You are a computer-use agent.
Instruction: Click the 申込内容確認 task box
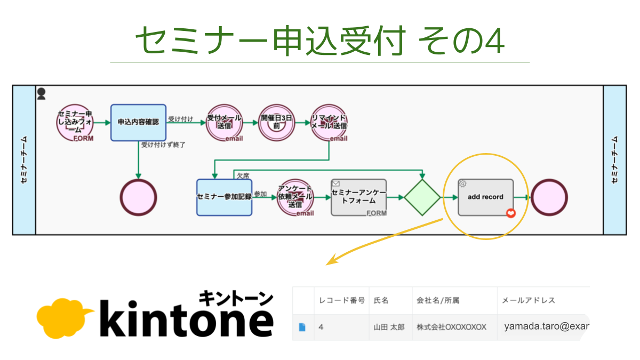[x=138, y=122]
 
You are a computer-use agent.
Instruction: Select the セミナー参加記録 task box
[x=224, y=197]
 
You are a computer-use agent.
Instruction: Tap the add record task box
[x=485, y=197]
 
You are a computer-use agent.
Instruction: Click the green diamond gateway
[x=422, y=197]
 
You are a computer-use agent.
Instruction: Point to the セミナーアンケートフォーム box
[x=358, y=197]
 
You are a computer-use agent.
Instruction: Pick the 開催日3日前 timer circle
[x=276, y=122]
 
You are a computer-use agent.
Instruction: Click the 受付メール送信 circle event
[x=224, y=122]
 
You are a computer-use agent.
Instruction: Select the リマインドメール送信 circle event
[x=329, y=122]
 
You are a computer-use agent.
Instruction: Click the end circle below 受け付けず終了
[x=139, y=197]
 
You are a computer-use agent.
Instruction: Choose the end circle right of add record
[x=549, y=197]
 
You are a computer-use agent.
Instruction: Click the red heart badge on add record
[x=511, y=213]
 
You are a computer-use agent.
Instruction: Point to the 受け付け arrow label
[x=181, y=118]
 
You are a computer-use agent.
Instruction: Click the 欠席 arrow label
[x=243, y=174]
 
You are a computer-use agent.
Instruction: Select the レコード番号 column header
[x=341, y=300]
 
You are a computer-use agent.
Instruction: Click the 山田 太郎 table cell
[x=389, y=327]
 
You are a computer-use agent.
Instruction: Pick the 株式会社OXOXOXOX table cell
[x=451, y=327]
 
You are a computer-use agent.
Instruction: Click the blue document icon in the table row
[x=302, y=327]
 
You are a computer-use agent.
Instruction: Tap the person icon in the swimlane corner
[x=42, y=94]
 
